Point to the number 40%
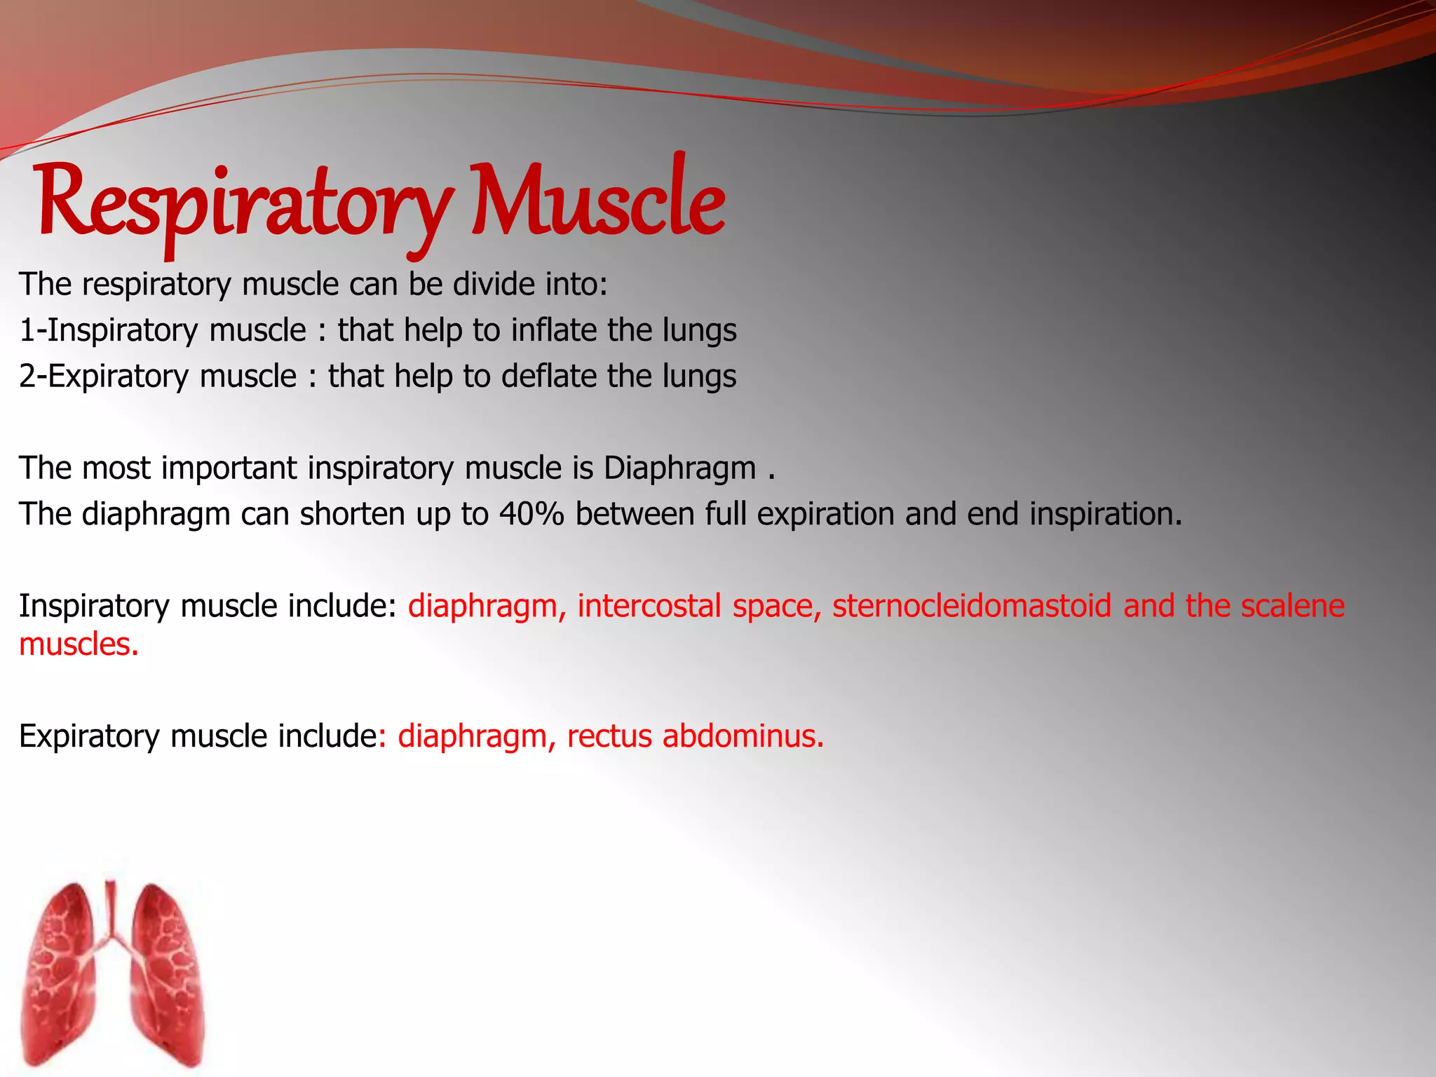(x=531, y=514)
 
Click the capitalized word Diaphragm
(x=679, y=468)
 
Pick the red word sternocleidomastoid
(x=972, y=606)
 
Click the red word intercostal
(x=649, y=606)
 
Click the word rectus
(x=610, y=736)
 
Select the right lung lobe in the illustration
(x=165, y=982)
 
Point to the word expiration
(x=825, y=514)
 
